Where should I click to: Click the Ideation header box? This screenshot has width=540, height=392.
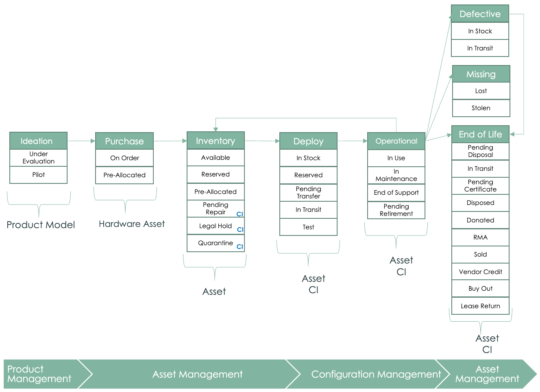pos(38,141)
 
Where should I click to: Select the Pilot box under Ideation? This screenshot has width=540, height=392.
pos(38,175)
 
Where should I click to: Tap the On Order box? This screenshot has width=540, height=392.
pos(124,158)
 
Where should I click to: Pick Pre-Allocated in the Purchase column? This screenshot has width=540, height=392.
pos(124,175)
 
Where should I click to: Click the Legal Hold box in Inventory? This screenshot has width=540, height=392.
pos(216,226)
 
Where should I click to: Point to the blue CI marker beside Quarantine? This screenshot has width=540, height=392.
pos(240,246)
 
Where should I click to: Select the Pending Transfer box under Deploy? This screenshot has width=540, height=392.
pos(308,192)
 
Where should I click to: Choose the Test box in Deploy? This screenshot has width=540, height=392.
pos(308,227)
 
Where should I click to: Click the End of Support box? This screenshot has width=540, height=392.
pos(396,193)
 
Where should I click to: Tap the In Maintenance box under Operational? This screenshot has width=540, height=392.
pos(396,175)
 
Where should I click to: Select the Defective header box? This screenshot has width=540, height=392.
pos(480,14)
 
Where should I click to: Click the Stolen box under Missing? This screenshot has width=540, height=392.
pos(481,108)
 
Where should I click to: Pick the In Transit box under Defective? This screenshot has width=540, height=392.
pos(480,48)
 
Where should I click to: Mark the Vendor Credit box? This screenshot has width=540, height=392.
pos(480,272)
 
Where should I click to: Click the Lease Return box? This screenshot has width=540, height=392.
pos(480,306)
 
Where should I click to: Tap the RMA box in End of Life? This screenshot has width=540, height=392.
pos(480,237)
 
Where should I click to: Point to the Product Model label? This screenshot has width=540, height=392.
pos(41,225)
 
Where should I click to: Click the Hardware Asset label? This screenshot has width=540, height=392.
pos(132,224)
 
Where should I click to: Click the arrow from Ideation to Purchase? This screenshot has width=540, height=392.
pos(81,141)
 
